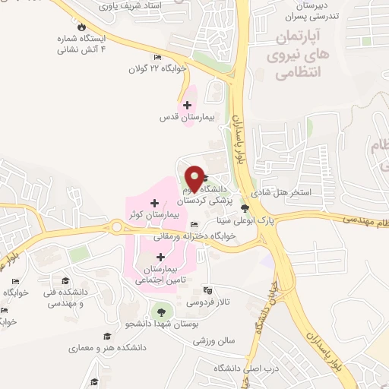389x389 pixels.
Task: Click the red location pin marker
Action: tap(195, 178)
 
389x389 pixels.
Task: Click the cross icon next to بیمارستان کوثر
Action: tap(155, 203)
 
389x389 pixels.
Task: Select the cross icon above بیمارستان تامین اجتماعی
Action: tap(160, 257)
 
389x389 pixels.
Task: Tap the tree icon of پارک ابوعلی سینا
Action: tap(244, 207)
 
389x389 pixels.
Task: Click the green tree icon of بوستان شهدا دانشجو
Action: tap(160, 311)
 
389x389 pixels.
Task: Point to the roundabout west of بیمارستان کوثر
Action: tap(116, 226)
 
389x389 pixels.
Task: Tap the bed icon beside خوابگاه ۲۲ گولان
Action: tap(157, 57)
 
